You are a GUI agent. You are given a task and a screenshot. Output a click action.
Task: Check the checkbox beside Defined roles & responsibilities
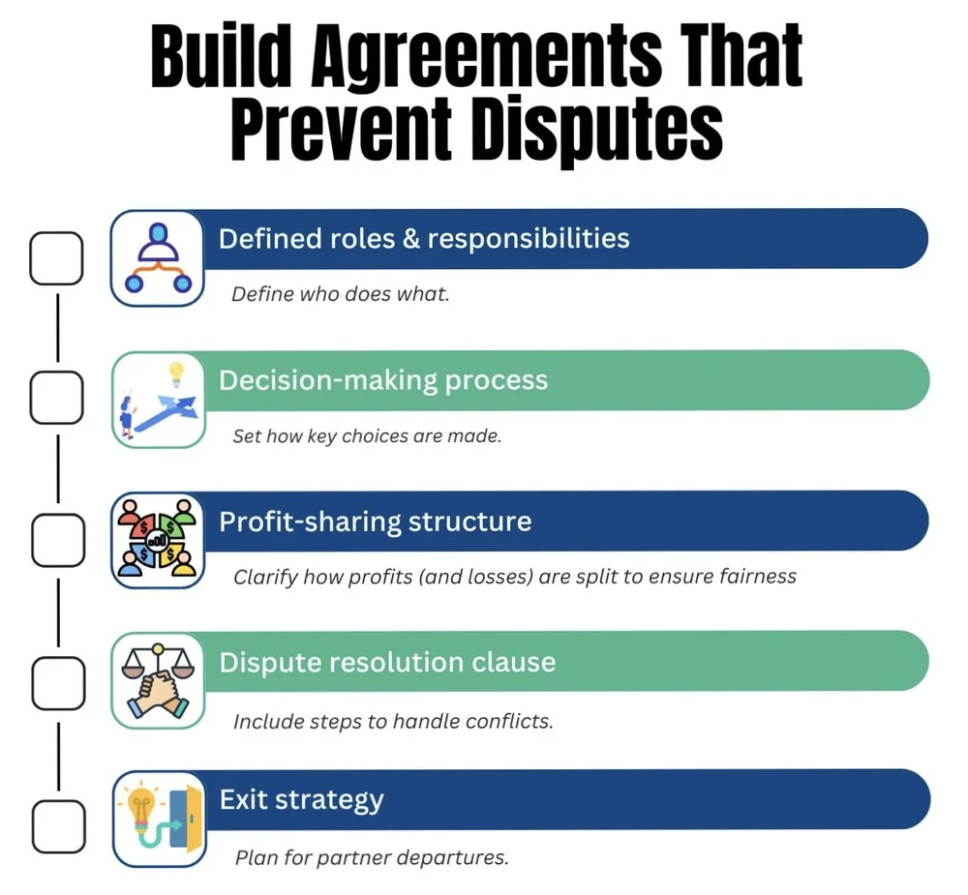tap(55, 258)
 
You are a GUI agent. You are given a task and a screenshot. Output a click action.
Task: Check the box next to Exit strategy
tap(56, 824)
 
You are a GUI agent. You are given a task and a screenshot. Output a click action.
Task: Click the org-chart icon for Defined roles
tap(158, 258)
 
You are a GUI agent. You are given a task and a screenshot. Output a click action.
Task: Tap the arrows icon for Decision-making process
tap(158, 400)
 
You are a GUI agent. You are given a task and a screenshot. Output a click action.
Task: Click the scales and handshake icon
tap(158, 681)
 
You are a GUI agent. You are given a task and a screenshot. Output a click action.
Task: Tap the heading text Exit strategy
tap(301, 800)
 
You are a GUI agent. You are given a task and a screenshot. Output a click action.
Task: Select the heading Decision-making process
tap(383, 380)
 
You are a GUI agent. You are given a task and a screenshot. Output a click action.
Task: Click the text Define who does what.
tap(341, 294)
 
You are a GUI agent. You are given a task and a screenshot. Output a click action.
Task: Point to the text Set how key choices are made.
tap(367, 436)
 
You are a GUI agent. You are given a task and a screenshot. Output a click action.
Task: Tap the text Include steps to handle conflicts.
tap(393, 722)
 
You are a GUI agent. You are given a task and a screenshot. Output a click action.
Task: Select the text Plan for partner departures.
tap(372, 857)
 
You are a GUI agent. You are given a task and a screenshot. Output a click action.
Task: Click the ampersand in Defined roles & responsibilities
tap(410, 239)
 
